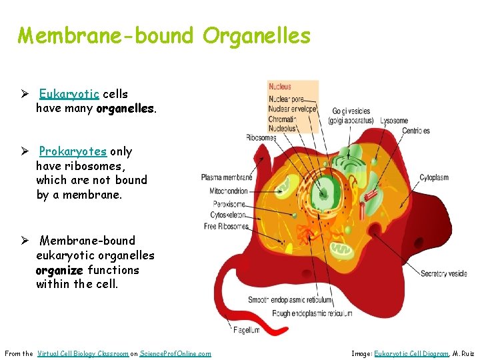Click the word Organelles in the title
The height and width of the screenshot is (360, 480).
pos(257,35)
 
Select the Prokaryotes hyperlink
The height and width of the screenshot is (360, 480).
pos(73,151)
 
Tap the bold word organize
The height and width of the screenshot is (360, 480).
pos(60,270)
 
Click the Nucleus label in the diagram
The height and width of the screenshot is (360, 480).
pos(280,87)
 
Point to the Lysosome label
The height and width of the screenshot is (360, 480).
pos(394,121)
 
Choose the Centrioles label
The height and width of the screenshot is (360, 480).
pos(415,131)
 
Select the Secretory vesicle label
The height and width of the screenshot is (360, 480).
pos(443,273)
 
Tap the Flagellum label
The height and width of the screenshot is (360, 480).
pos(247,330)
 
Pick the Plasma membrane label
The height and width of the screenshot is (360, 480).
pos(226,177)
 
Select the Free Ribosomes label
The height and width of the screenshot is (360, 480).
pos(226,227)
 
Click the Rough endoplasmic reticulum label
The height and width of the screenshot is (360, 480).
pos(312,313)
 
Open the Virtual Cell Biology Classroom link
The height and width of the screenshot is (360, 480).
pos(83,353)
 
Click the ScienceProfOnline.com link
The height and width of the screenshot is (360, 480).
pos(175,353)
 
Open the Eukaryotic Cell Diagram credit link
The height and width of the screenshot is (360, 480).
pos(411,353)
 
